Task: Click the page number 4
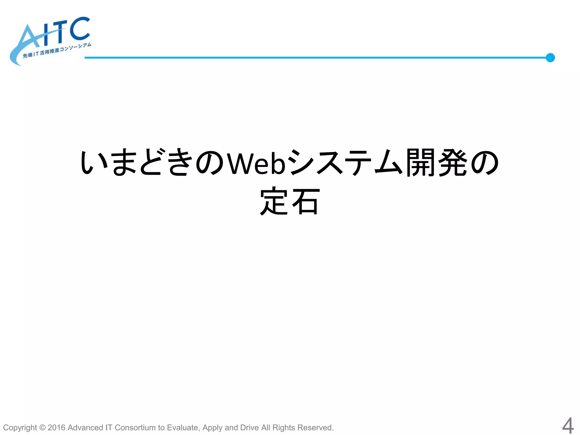click(x=568, y=426)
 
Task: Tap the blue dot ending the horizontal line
click(x=550, y=58)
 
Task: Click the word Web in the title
click(x=256, y=163)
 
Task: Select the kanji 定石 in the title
click(x=290, y=201)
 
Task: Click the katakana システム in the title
click(x=346, y=163)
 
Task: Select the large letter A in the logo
click(x=30, y=38)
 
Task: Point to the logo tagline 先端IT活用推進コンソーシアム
click(x=57, y=50)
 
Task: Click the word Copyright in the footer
click(x=20, y=428)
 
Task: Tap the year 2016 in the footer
click(x=56, y=427)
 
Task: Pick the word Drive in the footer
click(x=249, y=427)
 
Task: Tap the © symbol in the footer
click(x=42, y=427)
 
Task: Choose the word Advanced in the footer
click(x=85, y=427)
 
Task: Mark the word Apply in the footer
click(x=212, y=428)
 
